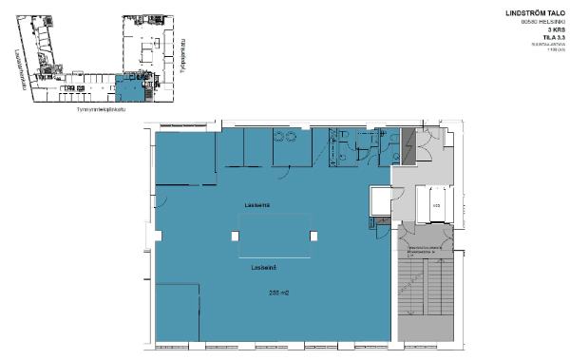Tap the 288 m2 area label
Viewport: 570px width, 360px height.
(278, 293)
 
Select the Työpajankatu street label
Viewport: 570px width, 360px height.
(180, 57)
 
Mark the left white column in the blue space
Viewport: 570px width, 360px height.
(236, 235)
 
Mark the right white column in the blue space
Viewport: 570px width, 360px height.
(313, 235)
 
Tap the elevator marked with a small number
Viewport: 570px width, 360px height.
(436, 205)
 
